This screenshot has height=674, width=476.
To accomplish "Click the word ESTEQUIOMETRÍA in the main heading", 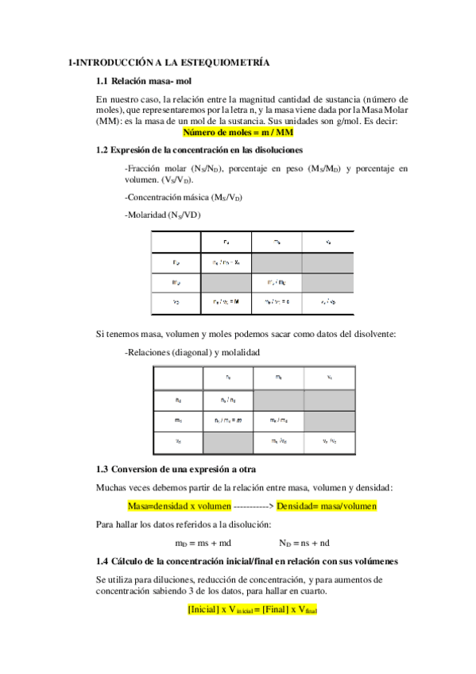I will [x=230, y=61].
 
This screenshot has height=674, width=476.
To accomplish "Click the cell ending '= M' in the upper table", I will [x=226, y=302].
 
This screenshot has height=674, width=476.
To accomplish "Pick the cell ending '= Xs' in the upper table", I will [x=226, y=262].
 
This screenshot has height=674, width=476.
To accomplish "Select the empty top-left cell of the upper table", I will [x=176, y=242].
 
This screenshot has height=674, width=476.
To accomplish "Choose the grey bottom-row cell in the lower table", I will [x=228, y=440].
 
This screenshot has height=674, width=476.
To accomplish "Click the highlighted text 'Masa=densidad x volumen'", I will [x=179, y=505].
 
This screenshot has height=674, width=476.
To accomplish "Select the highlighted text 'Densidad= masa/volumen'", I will [x=327, y=505].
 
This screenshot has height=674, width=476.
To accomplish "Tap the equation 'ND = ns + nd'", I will [x=304, y=544].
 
